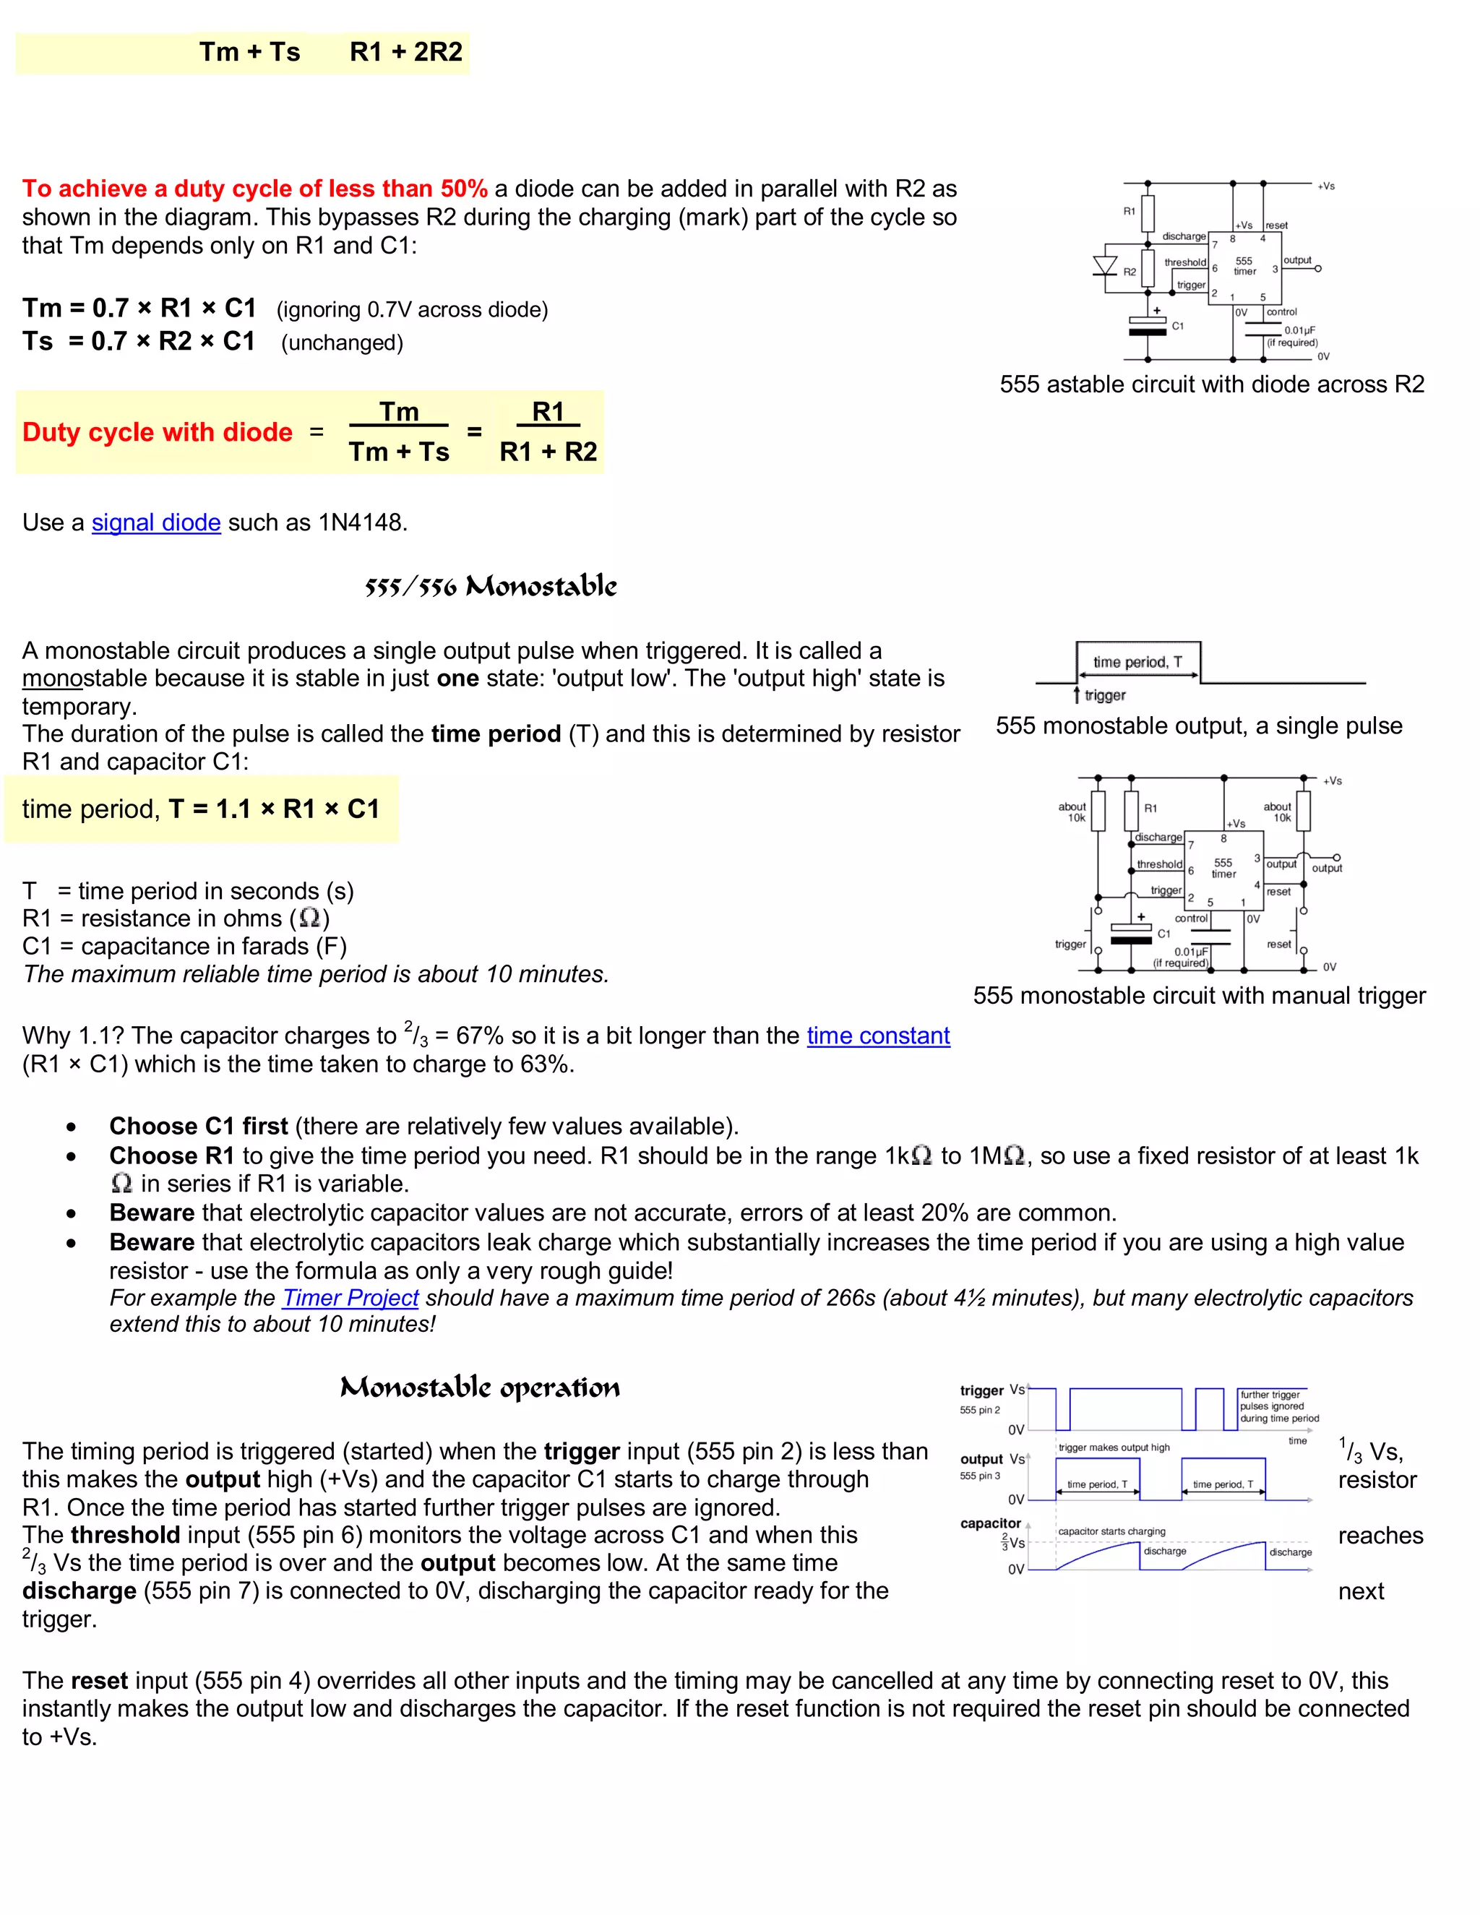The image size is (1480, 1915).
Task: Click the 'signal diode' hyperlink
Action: [156, 522]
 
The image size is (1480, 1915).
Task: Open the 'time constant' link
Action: [877, 1036]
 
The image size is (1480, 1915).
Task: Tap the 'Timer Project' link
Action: [350, 1298]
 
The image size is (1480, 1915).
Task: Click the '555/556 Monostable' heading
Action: [490, 586]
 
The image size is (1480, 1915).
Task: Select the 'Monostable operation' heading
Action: [480, 1387]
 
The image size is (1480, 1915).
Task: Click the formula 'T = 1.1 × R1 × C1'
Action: [274, 809]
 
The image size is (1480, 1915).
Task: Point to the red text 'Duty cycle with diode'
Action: [157, 432]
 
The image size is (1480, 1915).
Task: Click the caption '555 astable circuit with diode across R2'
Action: [1212, 384]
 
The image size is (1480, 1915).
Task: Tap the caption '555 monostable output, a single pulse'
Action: [1199, 726]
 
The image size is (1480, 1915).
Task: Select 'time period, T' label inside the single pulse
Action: [1137, 662]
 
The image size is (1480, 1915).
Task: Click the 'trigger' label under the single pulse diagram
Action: [1104, 695]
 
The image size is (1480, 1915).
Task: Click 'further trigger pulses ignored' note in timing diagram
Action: [1278, 1406]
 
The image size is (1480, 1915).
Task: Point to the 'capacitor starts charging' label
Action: [1111, 1531]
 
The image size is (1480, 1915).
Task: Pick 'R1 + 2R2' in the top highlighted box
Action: [406, 52]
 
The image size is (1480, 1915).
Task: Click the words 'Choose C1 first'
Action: [198, 1126]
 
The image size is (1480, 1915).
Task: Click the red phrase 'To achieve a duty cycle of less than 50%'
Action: [254, 189]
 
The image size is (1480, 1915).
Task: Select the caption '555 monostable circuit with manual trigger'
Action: [1199, 996]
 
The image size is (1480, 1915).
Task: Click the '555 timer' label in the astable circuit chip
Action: [1244, 267]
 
